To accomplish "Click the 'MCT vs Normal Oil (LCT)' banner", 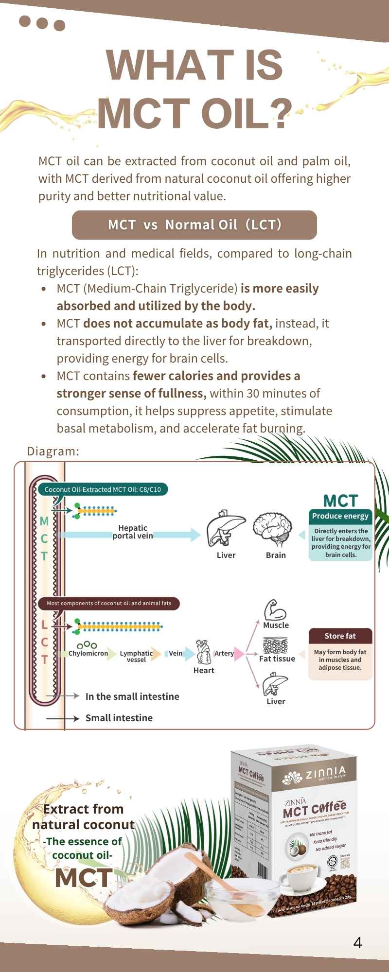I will coord(194,225).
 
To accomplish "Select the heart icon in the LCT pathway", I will coord(203,652).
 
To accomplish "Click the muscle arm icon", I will coord(275,610).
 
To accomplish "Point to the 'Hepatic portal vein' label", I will coord(132,532).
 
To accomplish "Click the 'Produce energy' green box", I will coord(340,516).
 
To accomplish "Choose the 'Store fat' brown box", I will coord(340,636).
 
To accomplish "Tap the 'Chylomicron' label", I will coord(88,654).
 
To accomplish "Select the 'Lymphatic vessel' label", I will coord(136,657).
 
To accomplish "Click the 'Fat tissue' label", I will coord(277,659).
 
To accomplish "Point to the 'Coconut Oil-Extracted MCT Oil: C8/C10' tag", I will coord(103,489).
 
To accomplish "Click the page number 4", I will coord(358,943).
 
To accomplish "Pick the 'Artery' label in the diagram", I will coord(224,654).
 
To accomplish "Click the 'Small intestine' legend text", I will coord(119,718).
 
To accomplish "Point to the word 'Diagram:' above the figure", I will coord(53,451).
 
